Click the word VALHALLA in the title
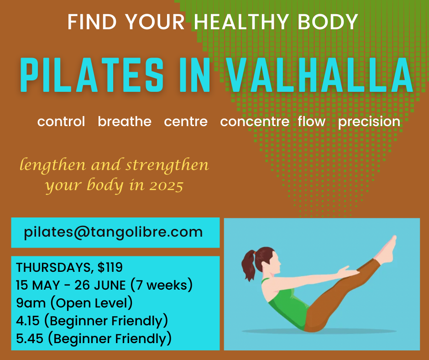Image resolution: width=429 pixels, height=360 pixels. tap(320, 75)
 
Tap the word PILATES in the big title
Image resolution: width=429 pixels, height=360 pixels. tap(92, 75)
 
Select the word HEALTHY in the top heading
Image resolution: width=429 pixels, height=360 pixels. tap(241, 21)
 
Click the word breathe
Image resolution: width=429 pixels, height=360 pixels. tap(125, 122)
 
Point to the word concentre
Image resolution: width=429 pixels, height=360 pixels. tap(255, 122)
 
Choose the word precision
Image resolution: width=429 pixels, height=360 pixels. tap(369, 122)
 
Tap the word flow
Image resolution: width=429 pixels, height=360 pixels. tap(312, 121)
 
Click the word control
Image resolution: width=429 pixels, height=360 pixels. tap(61, 122)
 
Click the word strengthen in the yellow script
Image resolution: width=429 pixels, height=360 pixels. tap(167, 166)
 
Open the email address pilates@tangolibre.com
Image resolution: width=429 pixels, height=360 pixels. tap(113, 233)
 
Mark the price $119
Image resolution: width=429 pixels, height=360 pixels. tap(110, 267)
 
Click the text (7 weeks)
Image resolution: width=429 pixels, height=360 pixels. tap(162, 285)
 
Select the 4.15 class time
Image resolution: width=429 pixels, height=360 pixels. tap(28, 321)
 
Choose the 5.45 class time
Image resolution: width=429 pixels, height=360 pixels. tap(30, 339)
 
